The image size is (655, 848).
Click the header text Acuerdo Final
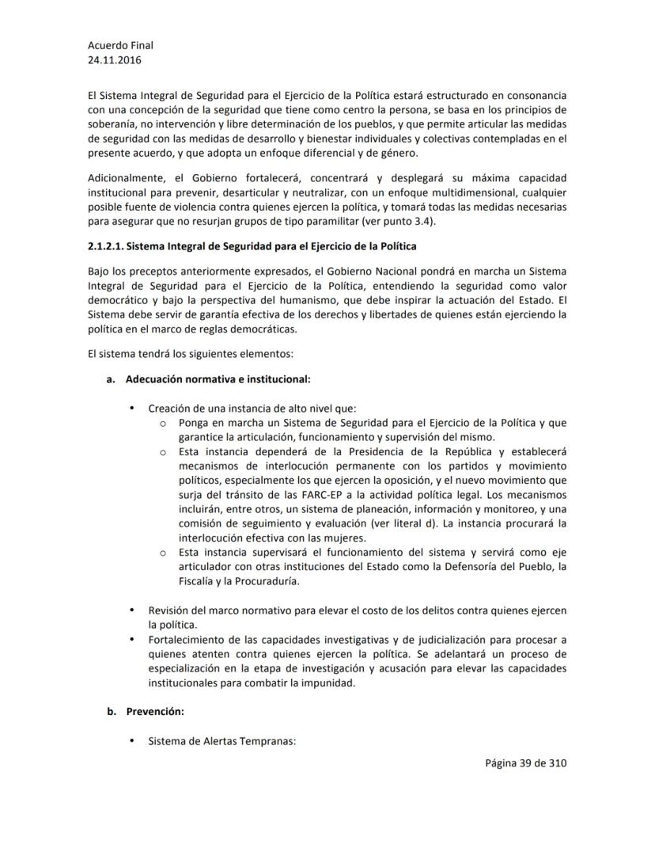point(120,45)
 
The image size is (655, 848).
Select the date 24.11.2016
point(115,59)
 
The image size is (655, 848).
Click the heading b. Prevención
point(155,711)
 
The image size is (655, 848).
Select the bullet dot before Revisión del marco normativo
point(131,610)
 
